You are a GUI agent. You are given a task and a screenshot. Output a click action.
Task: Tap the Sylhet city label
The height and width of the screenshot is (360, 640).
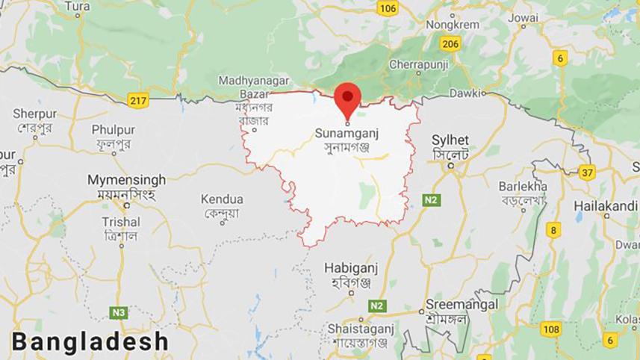pos(450,140)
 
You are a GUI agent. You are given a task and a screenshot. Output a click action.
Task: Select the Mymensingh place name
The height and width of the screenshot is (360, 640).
pos(126,180)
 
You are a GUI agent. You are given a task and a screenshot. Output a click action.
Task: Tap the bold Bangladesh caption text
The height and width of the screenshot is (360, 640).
pos(90,342)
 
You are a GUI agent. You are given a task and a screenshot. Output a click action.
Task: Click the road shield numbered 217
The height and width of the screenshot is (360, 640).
pos(138,100)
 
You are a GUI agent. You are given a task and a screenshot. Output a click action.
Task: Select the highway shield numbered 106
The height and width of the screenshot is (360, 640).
pos(388,8)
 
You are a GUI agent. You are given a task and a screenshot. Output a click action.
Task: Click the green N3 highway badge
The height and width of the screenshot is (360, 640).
pos(118,312)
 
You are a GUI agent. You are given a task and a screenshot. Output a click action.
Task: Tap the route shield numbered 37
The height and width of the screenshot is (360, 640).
pos(586,173)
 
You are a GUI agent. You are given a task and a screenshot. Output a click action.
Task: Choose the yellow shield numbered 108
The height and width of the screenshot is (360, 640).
pos(551,329)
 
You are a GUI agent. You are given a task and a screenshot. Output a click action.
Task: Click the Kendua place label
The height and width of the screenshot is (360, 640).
pos(222,199)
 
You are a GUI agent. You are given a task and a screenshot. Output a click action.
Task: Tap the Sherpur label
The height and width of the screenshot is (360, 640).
pos(34,114)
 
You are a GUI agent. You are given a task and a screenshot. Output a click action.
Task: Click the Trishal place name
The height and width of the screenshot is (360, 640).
pos(121,222)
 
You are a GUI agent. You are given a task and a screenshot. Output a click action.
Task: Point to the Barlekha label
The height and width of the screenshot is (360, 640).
pos(524,186)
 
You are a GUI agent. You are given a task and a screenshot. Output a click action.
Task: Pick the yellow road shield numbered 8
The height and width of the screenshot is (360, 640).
pos(553,229)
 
